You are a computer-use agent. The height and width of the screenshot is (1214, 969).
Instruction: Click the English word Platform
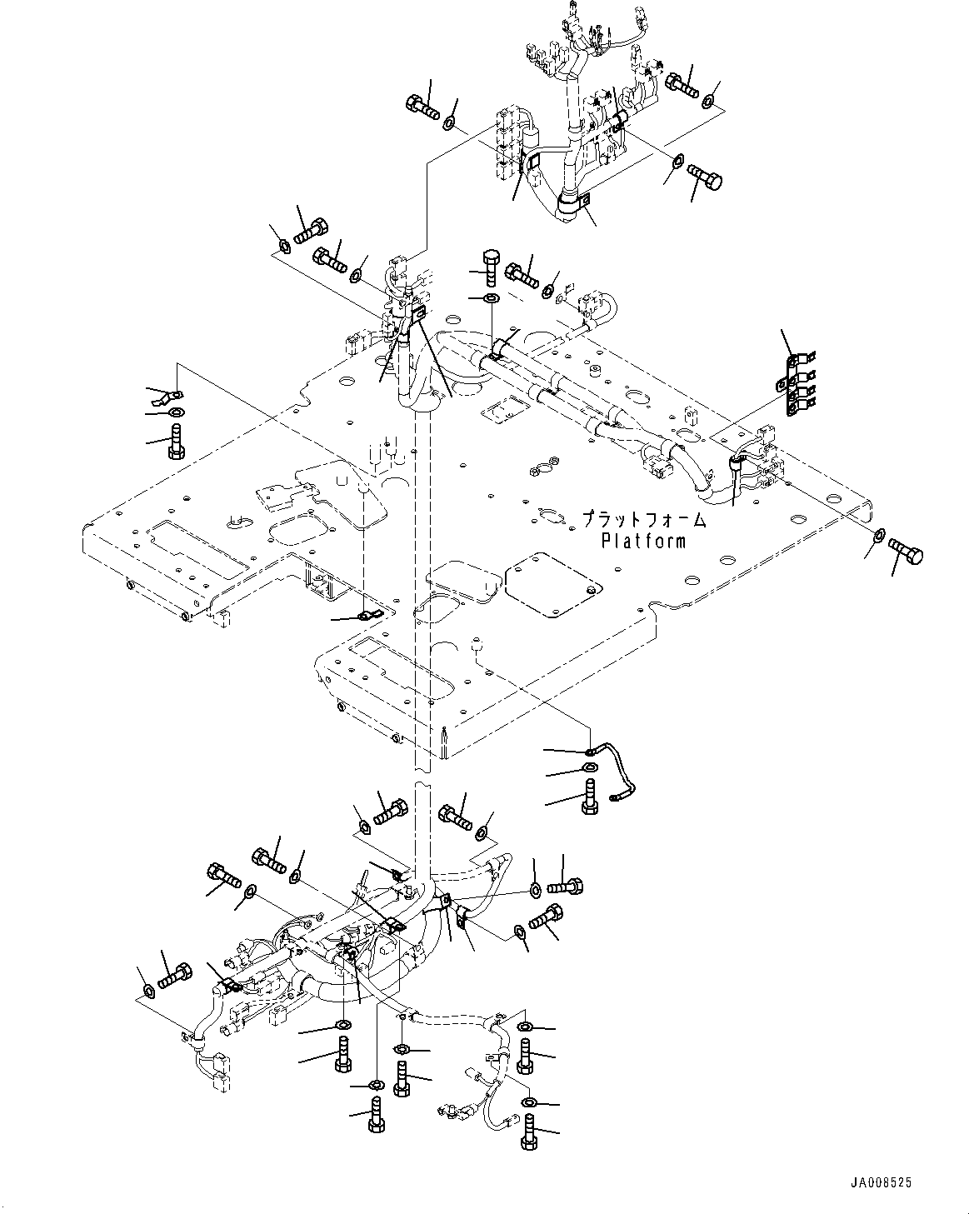pyautogui.click(x=645, y=541)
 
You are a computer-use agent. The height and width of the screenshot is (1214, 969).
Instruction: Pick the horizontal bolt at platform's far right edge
pyautogui.click(x=907, y=551)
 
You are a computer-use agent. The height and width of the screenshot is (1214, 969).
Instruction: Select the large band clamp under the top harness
pyautogui.click(x=569, y=202)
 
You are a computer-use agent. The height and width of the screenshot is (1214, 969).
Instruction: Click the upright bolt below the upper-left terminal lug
pyautogui.click(x=175, y=439)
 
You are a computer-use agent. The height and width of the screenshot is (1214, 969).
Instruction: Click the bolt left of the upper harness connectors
pyautogui.click(x=422, y=107)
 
